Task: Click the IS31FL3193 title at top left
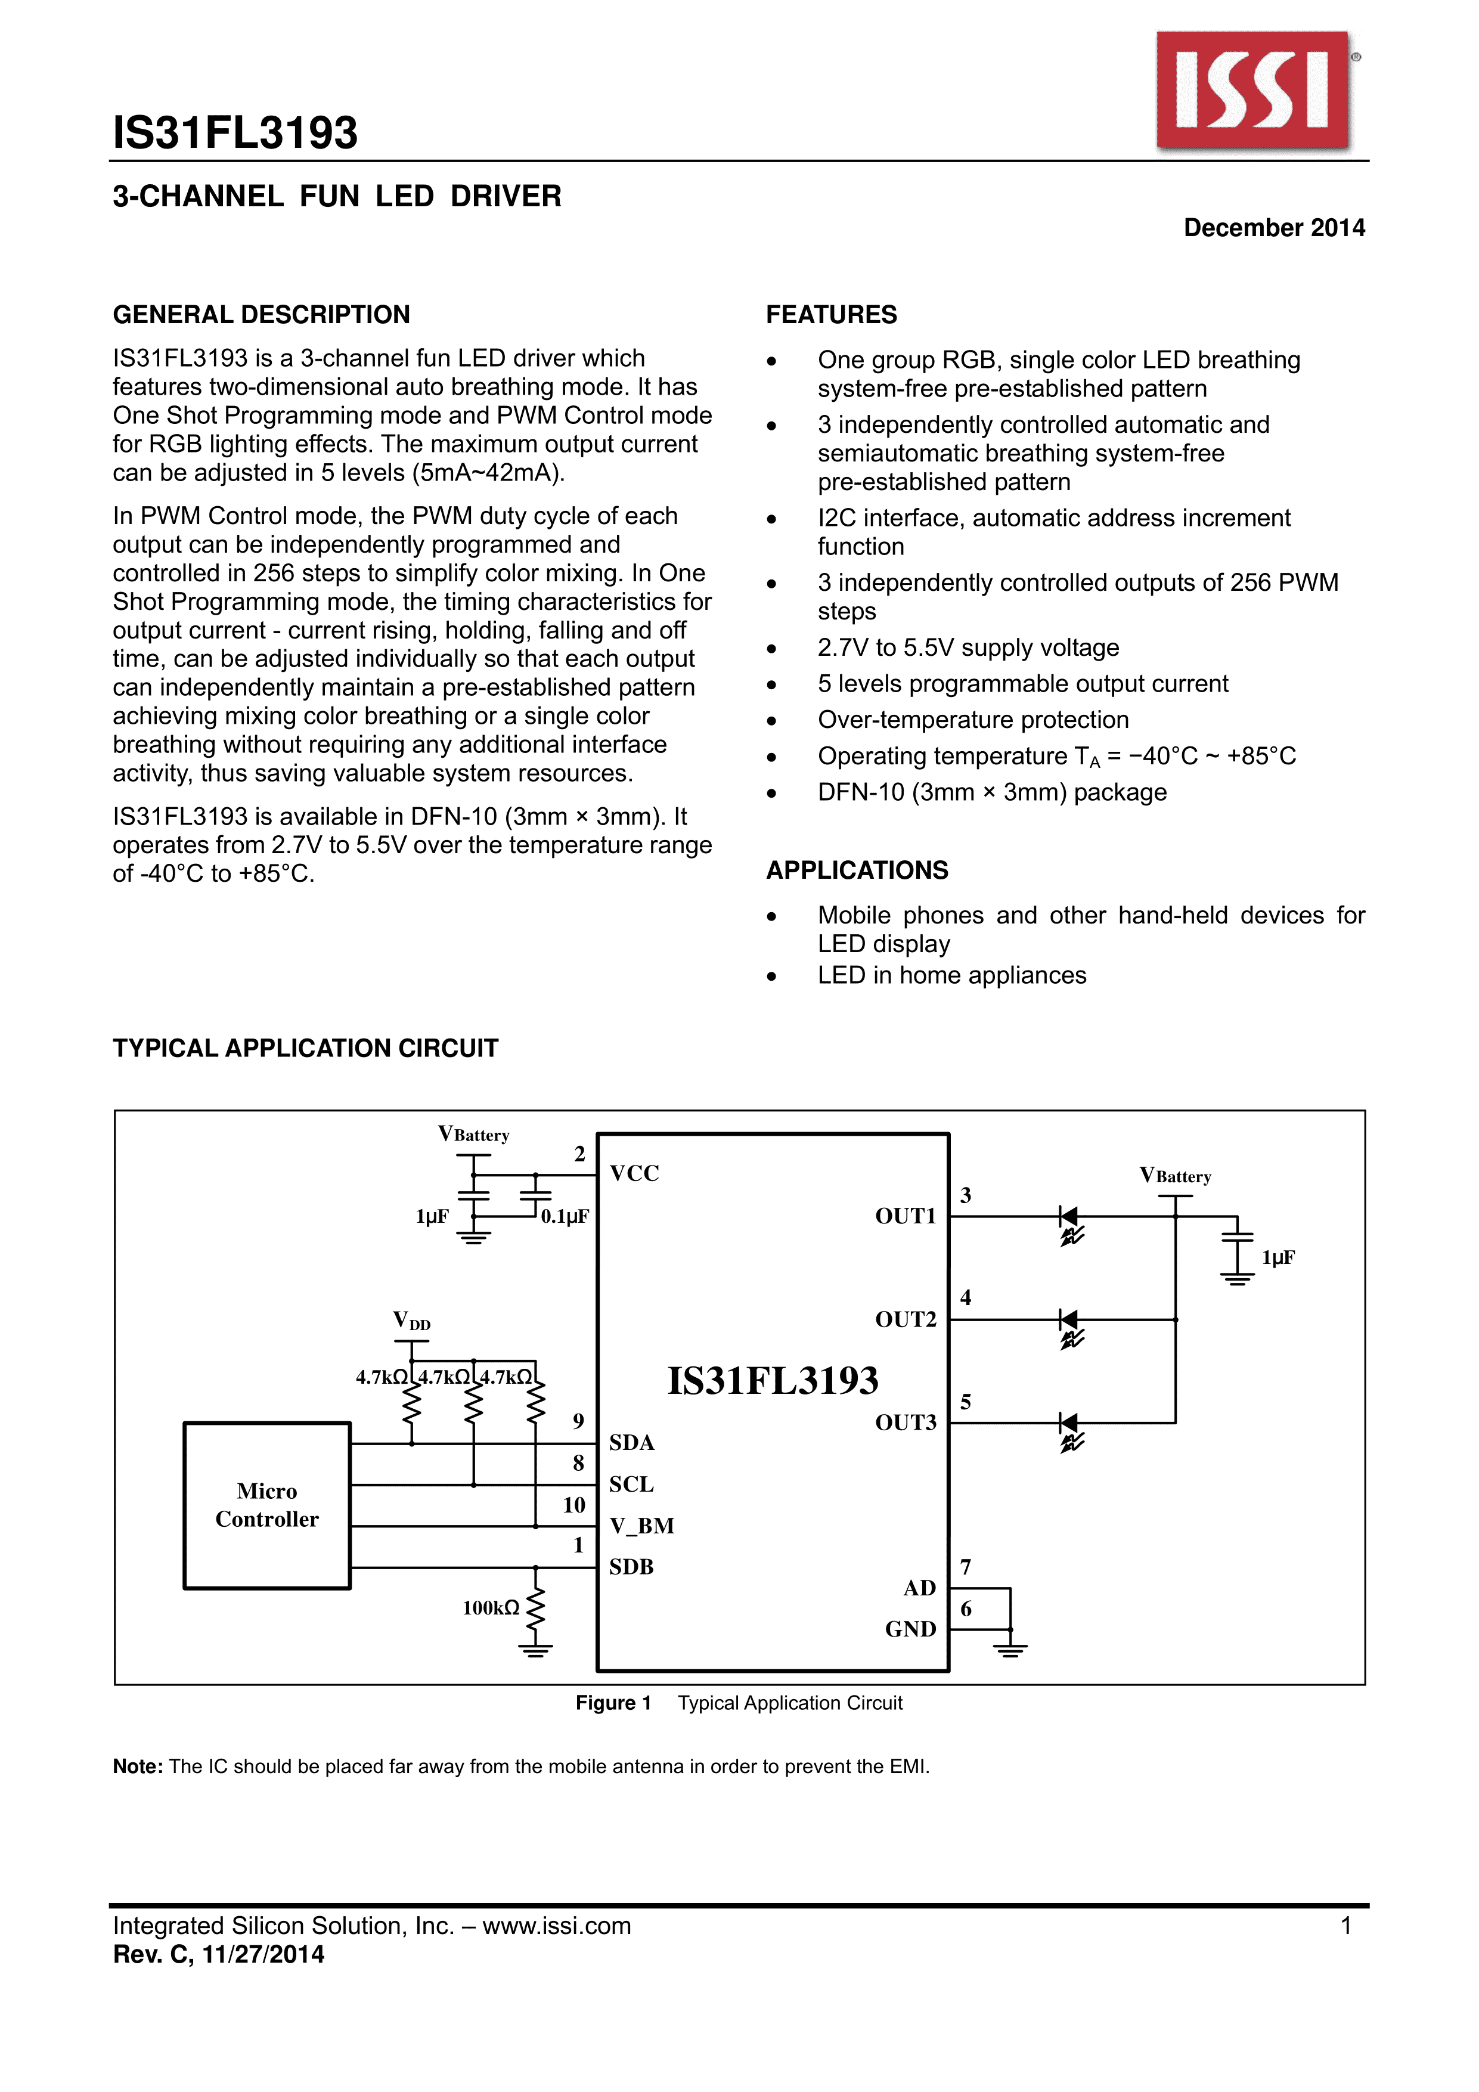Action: [x=235, y=133]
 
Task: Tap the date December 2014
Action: [x=1273, y=228]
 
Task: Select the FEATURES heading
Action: [x=831, y=315]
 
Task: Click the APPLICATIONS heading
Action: [x=857, y=870]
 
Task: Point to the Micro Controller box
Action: [x=267, y=1505]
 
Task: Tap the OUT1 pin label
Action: [x=905, y=1216]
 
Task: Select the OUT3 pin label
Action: [x=905, y=1422]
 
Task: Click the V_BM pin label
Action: [x=641, y=1526]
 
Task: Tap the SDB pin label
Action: [x=631, y=1567]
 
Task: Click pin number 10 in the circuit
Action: [x=574, y=1505]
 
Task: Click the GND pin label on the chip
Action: [x=910, y=1629]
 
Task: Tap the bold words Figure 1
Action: [x=613, y=1703]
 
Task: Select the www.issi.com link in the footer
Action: [x=557, y=1926]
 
